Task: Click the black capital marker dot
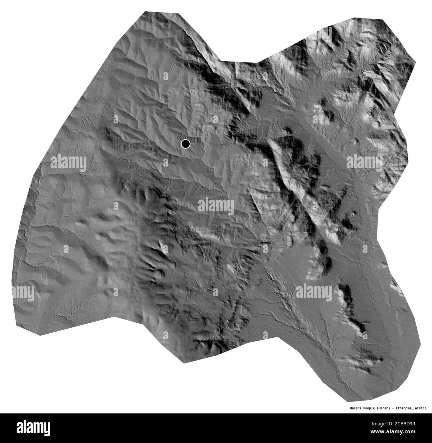tap(185, 144)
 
